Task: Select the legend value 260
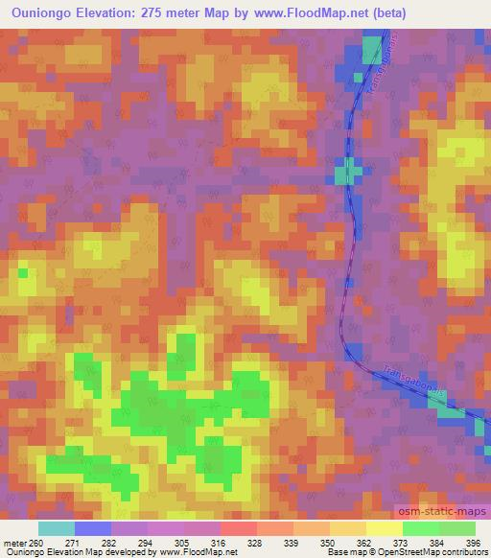[35, 543]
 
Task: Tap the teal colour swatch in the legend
[57, 528]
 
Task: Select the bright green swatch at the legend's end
[456, 528]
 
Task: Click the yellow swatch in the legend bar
[384, 528]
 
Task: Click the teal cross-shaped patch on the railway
[347, 174]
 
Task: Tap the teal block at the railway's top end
[371, 47]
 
